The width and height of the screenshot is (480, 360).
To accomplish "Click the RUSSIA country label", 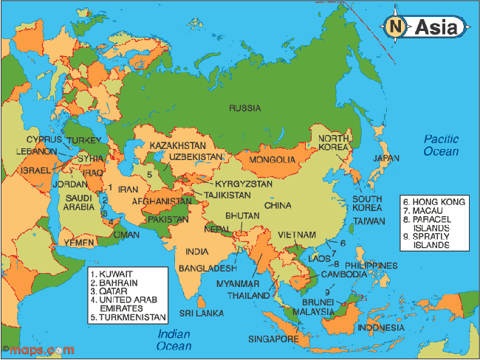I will coord(244,108).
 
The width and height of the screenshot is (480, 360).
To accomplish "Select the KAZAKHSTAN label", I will coord(178,145).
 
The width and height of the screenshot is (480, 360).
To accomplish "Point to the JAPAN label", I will coord(385,158).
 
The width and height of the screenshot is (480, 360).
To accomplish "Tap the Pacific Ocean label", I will coord(441,145).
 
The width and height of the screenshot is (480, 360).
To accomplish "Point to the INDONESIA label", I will coord(380,327).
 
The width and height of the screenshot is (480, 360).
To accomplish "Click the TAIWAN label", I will coord(368,221).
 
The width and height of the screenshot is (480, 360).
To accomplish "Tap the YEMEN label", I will coord(78,241).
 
